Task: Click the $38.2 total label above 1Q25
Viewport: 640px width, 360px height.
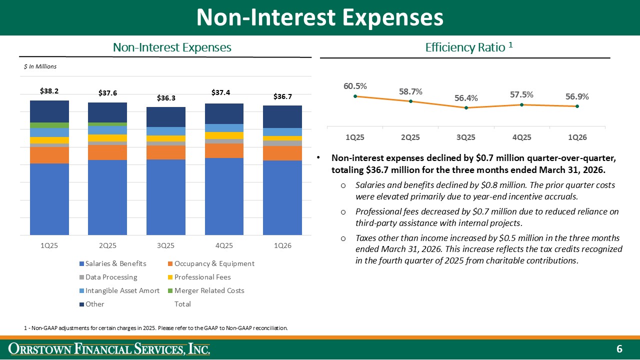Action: [x=49, y=91]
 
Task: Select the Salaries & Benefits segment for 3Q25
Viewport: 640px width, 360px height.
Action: [x=165, y=197]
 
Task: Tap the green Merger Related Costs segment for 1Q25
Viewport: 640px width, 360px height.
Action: [x=49, y=125]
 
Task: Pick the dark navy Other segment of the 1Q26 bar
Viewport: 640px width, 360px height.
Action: [x=282, y=116]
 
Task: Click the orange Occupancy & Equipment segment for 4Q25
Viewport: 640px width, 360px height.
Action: [x=224, y=150]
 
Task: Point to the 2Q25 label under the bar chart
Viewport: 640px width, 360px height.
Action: [x=107, y=245]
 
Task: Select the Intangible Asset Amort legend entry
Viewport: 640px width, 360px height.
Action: [x=118, y=290]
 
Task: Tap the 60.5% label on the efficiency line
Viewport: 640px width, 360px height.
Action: [x=355, y=86]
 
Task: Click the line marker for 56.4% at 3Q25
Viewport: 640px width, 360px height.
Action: [x=466, y=107]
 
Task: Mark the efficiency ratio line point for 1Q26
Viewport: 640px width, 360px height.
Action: [x=577, y=106]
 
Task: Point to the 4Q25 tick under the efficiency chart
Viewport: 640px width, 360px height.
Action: [x=521, y=136]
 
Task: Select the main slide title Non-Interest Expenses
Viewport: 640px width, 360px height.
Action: [x=319, y=17]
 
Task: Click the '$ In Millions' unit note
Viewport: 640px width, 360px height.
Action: [x=40, y=66]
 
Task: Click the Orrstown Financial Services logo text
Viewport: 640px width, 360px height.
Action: [x=110, y=349]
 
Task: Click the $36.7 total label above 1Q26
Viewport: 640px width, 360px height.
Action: [x=282, y=96]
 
